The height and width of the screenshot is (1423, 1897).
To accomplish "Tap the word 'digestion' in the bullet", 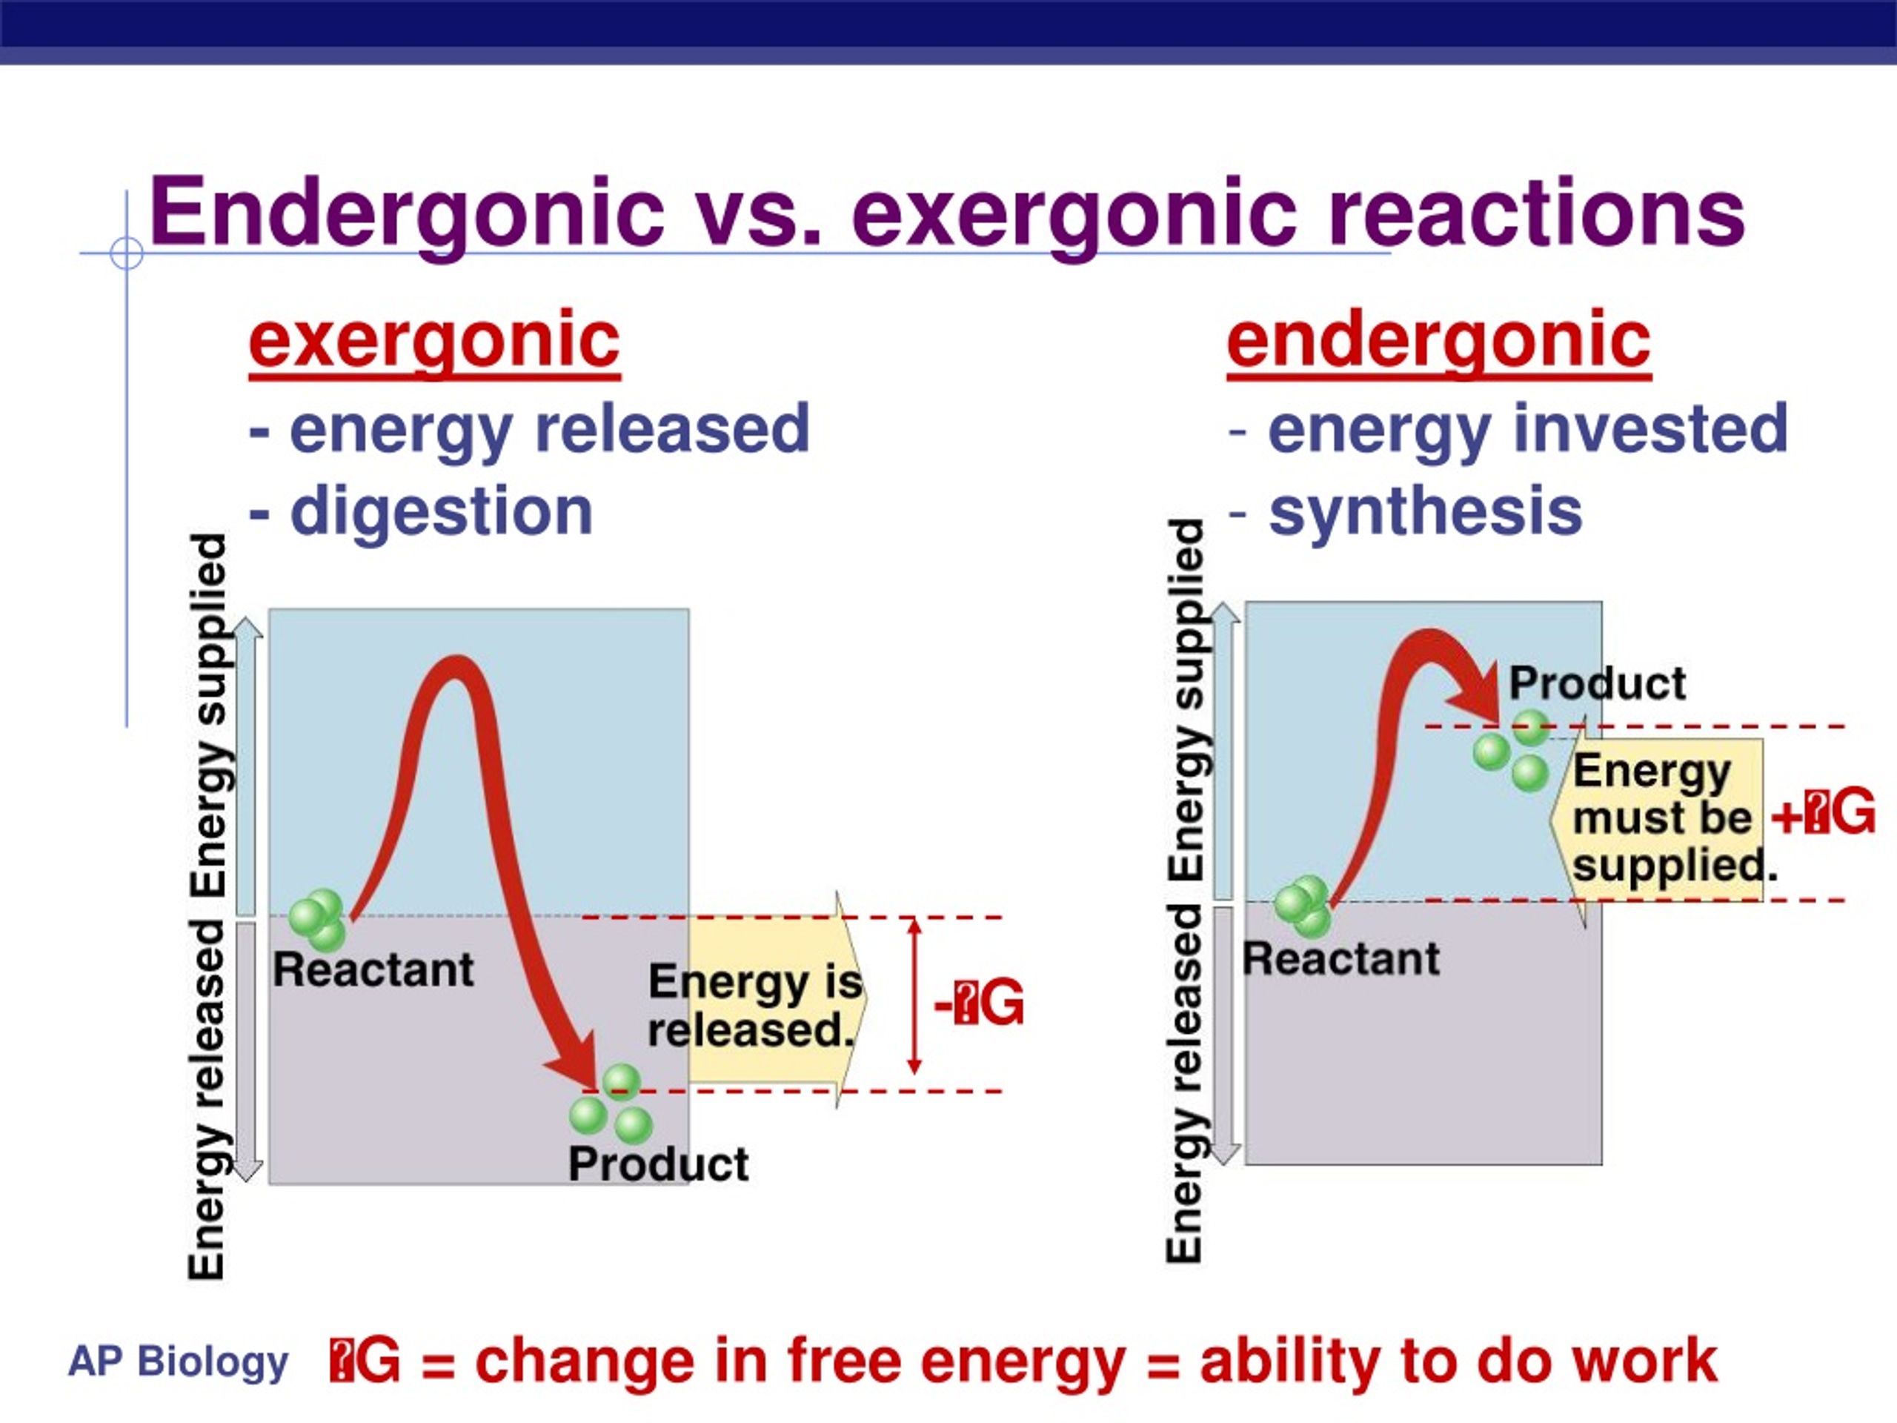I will pos(442,511).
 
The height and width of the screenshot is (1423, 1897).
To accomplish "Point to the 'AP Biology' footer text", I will pos(179,1362).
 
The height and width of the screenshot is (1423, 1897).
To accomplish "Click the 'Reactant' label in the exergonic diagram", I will pos(373,970).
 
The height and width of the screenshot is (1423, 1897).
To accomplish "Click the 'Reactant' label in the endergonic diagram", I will pos(1341,958).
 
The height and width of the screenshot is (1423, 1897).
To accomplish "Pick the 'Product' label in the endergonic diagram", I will pos(1598,683).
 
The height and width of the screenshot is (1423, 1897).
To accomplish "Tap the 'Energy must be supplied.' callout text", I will pos(1663,817).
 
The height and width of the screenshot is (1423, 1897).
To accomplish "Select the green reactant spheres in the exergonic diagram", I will pos(317,918).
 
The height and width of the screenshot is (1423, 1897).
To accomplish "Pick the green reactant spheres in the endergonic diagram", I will pos(1302,905).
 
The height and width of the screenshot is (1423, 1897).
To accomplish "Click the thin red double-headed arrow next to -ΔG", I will pos(914,996).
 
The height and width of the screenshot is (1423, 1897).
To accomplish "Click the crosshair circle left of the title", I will pos(127,254).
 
